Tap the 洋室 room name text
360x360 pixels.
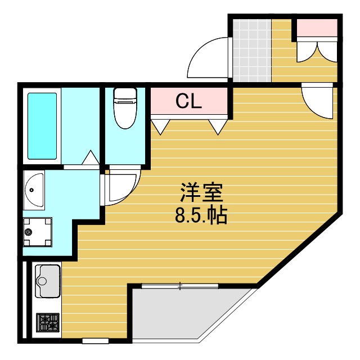point(201,193)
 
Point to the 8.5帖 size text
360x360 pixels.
point(201,215)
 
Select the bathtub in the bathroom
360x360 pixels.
point(43,126)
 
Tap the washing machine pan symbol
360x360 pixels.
point(37,231)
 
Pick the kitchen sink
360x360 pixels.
point(47,280)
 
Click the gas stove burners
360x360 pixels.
point(47,323)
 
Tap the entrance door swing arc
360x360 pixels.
point(208,59)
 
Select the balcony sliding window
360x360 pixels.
point(180,286)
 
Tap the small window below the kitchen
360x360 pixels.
point(95,340)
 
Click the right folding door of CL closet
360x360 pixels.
point(217,126)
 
